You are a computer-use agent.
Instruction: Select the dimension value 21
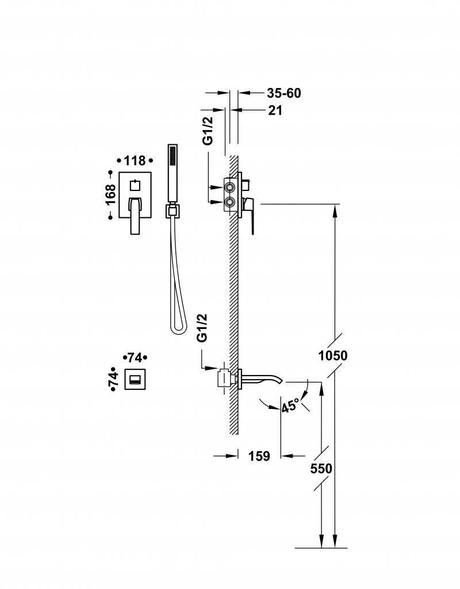coord(275,110)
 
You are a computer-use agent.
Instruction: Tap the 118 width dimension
coord(135,161)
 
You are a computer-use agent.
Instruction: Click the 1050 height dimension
coord(332,355)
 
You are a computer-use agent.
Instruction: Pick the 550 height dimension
coord(321,468)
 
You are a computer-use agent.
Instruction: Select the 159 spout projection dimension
coord(259,456)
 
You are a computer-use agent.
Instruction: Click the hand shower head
coord(171,173)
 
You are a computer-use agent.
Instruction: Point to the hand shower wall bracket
coord(172,211)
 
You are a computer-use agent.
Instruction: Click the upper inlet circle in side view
coord(230,188)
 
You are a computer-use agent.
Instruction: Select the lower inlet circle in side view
coord(230,201)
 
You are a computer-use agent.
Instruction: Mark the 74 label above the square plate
coord(135,357)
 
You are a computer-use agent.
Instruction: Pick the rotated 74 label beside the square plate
coord(113,378)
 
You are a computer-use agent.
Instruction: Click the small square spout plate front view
coord(135,379)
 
